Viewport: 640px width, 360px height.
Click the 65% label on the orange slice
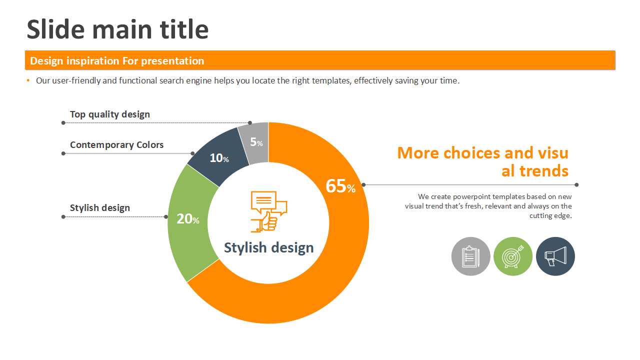340,186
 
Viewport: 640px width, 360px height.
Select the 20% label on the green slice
187,219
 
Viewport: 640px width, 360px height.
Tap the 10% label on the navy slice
219,158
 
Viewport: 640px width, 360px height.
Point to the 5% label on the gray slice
256,142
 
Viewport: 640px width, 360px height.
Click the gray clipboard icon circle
470,256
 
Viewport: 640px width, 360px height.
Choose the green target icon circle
513,256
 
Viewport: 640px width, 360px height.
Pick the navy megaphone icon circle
555,256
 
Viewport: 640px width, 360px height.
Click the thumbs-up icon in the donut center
269,211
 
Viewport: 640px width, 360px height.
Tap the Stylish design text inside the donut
268,247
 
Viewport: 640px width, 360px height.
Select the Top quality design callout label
110,114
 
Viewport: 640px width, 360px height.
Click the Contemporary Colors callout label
116,145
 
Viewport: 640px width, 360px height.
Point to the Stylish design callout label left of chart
99,207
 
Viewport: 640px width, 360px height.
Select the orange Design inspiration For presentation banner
320,60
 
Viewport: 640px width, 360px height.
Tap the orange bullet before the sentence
28,80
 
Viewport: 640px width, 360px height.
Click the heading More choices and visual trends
483,161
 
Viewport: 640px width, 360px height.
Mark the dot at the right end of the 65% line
576,185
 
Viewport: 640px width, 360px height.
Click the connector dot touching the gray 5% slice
250,123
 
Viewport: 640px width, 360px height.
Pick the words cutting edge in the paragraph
550,215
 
